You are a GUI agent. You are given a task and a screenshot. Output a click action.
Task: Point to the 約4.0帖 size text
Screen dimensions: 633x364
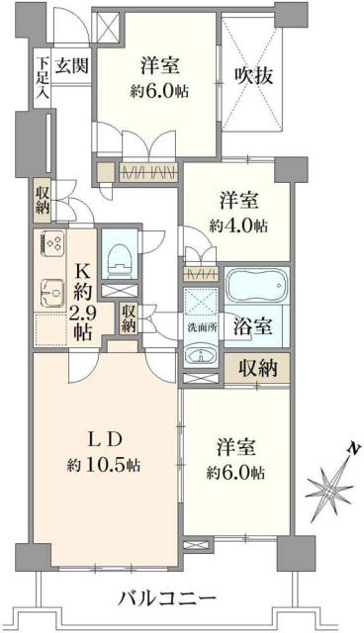pyautogui.click(x=238, y=226)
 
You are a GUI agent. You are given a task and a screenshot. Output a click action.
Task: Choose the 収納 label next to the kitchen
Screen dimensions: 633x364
pyautogui.click(x=129, y=318)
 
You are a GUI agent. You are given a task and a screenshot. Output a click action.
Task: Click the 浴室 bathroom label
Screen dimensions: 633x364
pyautogui.click(x=254, y=325)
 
